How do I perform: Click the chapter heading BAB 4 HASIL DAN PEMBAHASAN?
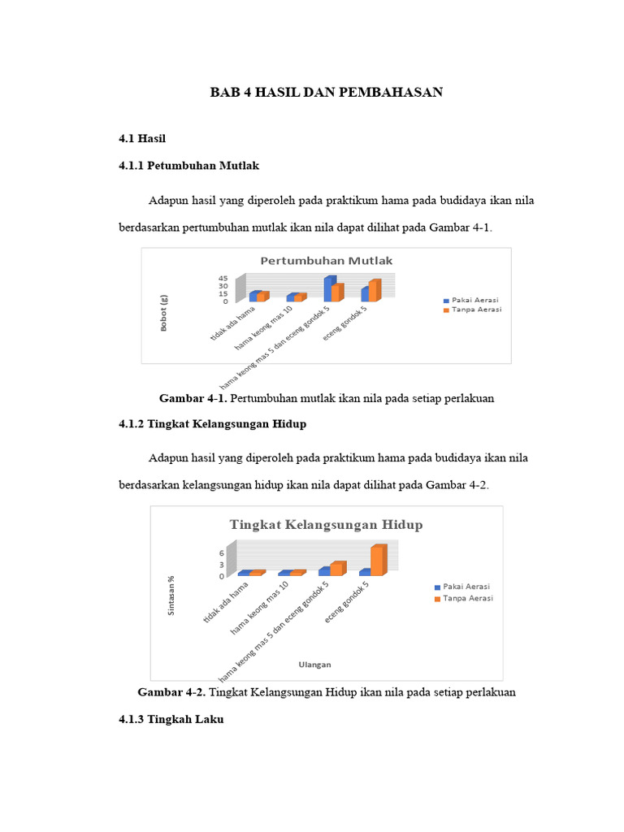[x=327, y=93]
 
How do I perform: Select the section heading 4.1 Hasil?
[x=142, y=139]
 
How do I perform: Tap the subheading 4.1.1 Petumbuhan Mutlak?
[x=188, y=165]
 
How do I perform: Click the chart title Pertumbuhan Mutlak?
[x=326, y=261]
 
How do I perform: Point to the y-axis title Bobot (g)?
[x=164, y=313]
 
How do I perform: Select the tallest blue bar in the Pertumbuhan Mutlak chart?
[x=329, y=288]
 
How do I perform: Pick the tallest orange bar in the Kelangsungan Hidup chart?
[x=377, y=560]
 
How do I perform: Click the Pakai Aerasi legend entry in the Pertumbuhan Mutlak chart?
[x=472, y=299]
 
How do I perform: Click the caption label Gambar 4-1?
[x=193, y=398]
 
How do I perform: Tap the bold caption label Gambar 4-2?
[x=172, y=692]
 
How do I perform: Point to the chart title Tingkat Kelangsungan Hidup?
[x=326, y=524]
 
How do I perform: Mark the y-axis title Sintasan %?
[x=171, y=596]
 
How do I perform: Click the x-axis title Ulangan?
[x=314, y=664]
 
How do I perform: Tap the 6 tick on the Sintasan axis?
[x=221, y=552]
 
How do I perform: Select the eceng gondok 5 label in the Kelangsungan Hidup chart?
[x=347, y=603]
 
